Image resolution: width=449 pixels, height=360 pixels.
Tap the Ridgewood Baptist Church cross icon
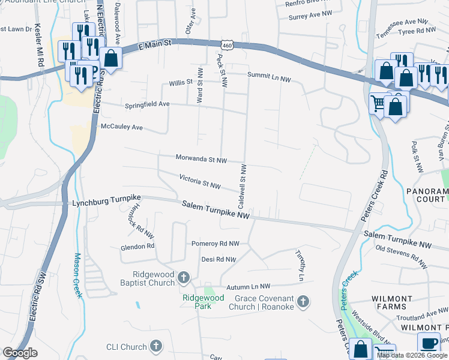tap(184, 277)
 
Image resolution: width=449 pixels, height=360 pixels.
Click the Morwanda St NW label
tap(201, 160)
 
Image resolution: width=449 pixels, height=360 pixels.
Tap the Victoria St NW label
tap(200, 181)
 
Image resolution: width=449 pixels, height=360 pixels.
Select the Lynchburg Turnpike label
tap(106, 203)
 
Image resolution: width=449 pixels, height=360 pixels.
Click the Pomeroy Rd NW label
tap(215, 244)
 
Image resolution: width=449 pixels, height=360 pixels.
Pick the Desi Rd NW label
tap(218, 259)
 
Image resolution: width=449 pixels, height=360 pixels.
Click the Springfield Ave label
tap(147, 104)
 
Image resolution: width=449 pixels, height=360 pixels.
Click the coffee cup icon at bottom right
tap(429, 344)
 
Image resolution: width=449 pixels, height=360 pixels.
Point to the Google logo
tap(20, 353)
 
